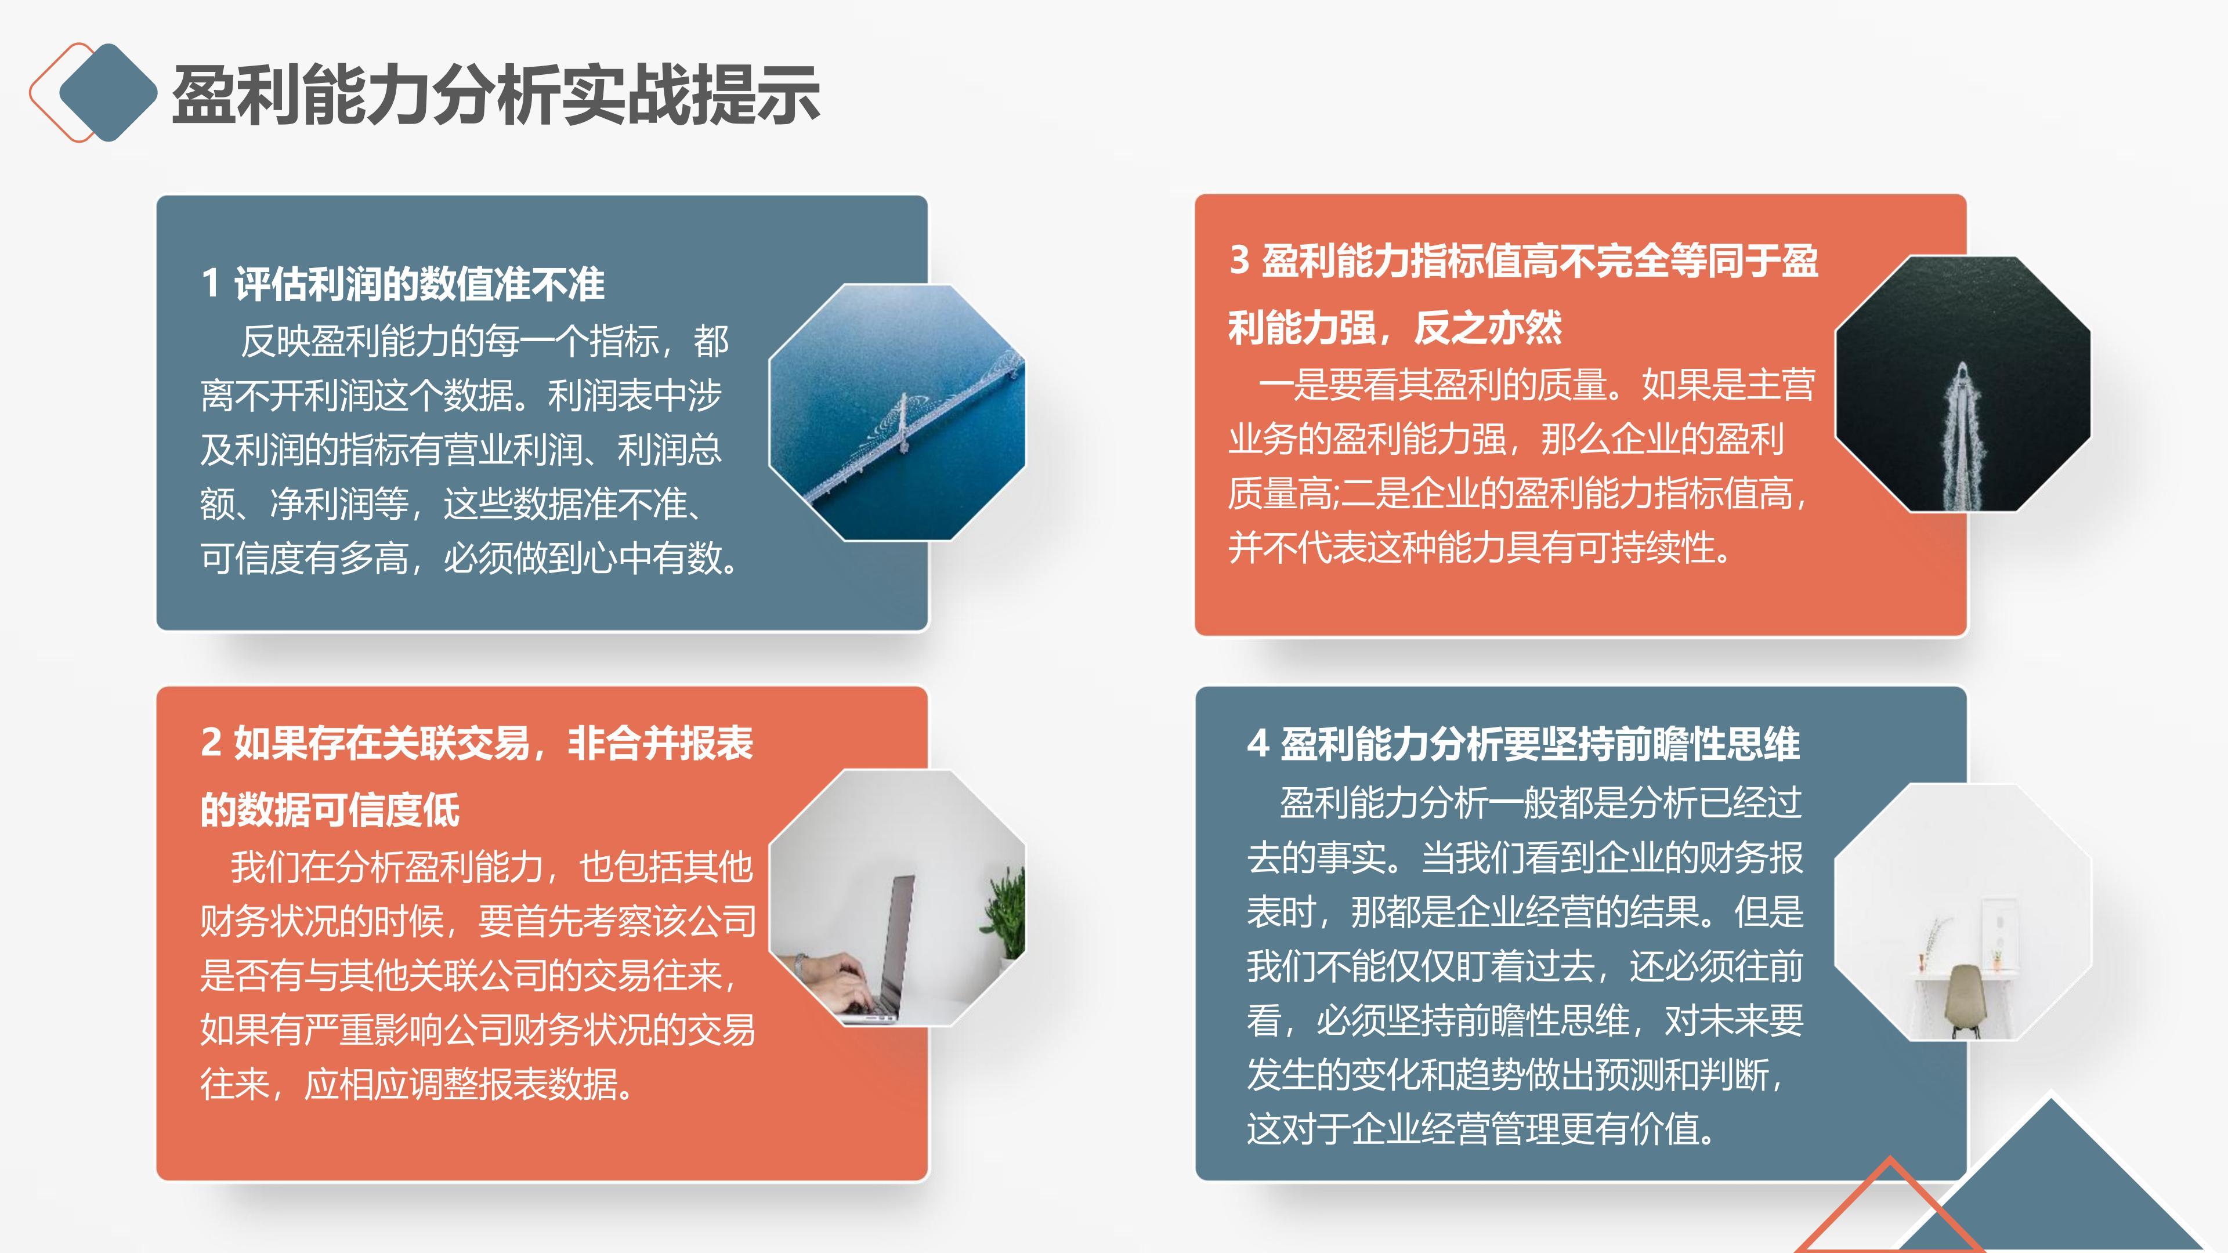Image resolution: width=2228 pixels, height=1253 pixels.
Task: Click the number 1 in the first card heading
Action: [x=210, y=284]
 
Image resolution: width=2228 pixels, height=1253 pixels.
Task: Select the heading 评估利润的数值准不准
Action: [x=419, y=284]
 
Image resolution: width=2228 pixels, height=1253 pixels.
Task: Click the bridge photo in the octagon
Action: [x=897, y=412]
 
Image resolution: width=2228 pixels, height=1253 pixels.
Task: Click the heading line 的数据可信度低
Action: [x=330, y=809]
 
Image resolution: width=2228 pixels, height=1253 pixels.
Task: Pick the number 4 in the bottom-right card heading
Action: [x=1257, y=744]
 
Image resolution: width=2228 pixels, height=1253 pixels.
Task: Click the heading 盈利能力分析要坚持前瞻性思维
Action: [x=1539, y=744]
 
